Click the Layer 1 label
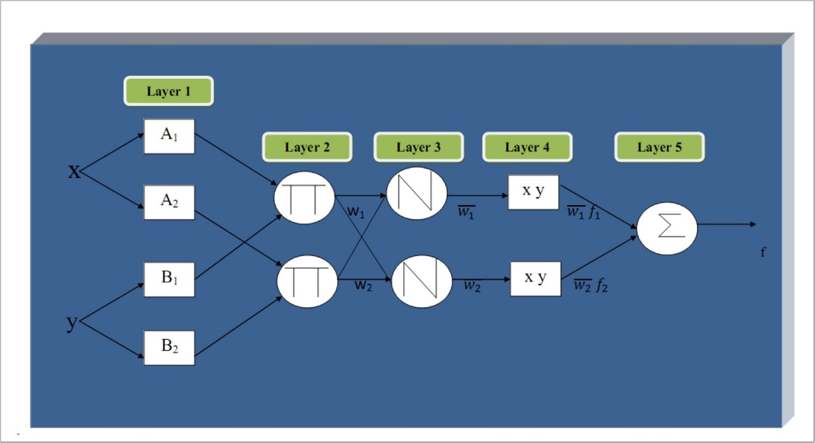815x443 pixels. [x=168, y=91]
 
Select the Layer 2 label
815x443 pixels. [x=307, y=147]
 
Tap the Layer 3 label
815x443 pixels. [x=418, y=147]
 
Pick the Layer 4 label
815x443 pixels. [x=527, y=147]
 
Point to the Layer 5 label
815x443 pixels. [x=659, y=147]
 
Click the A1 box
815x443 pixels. [x=169, y=136]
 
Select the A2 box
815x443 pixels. [x=169, y=202]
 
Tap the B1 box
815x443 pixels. [x=169, y=279]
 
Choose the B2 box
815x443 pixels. [x=169, y=347]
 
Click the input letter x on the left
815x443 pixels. [x=74, y=172]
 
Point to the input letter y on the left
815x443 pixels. [x=72, y=323]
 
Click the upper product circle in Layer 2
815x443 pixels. [x=305, y=198]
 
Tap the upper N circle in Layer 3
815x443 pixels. [x=416, y=193]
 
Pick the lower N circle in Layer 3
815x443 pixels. [x=421, y=280]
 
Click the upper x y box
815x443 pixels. [x=533, y=192]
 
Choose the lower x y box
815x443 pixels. [x=535, y=278]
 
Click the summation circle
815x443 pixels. [x=667, y=227]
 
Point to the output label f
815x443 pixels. [x=763, y=253]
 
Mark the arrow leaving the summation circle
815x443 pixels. [x=727, y=224]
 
